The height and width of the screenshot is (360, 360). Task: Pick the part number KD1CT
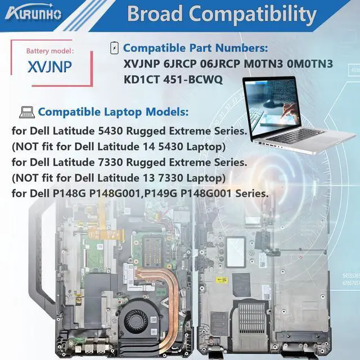click(x=141, y=79)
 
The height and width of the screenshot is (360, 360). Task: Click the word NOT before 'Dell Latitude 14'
click(x=28, y=147)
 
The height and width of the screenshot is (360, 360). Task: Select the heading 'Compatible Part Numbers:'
click(x=195, y=48)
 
